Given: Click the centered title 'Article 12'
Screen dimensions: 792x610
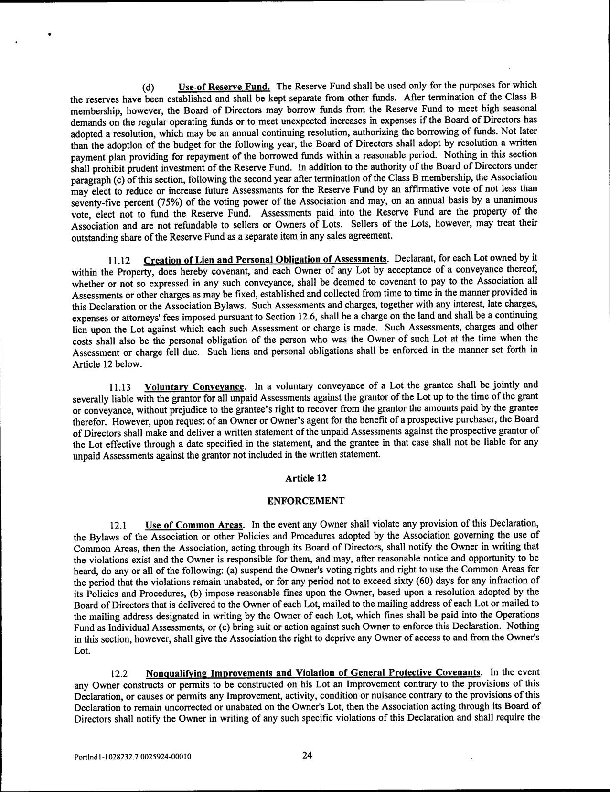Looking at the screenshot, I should click(x=306, y=478).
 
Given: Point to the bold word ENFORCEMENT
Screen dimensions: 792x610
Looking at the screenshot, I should click(x=306, y=501).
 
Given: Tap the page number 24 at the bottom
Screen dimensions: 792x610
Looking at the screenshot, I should click(x=307, y=755).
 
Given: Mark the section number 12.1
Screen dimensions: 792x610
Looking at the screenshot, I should click(x=119, y=525).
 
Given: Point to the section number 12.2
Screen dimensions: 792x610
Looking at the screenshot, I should click(x=119, y=674).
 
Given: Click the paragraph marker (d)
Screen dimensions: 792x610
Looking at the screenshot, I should click(x=148, y=88).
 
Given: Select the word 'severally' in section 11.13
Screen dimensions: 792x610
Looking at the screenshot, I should click(x=91, y=398).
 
